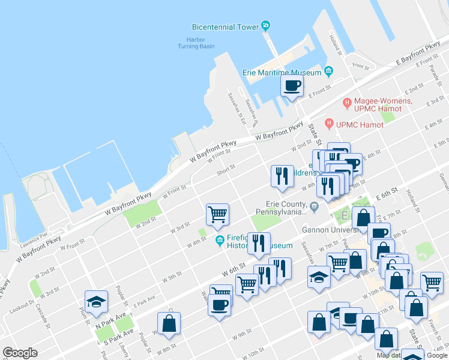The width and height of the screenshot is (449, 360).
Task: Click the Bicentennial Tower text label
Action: [x=224, y=27]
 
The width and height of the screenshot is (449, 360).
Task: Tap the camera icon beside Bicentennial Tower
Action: [x=265, y=26]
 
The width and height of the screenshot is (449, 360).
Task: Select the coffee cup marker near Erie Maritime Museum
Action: [x=292, y=86]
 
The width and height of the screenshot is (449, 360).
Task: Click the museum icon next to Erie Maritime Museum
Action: [x=328, y=72]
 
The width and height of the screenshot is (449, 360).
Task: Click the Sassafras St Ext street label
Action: [x=237, y=108]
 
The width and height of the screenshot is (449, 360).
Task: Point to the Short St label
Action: [x=226, y=171]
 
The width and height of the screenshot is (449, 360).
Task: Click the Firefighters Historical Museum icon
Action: [x=220, y=241]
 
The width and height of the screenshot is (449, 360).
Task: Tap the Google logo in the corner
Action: [x=20, y=353]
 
